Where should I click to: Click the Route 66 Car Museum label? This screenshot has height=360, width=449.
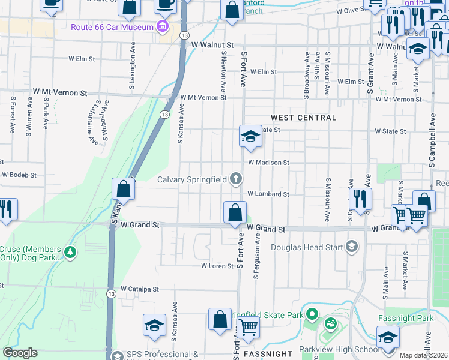112,27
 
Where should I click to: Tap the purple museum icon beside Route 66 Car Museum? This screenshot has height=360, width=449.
161,27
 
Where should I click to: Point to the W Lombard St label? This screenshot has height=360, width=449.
268,194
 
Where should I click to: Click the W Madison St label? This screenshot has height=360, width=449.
268,163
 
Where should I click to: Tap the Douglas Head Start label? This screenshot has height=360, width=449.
306,247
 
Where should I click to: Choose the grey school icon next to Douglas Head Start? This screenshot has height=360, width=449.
351,247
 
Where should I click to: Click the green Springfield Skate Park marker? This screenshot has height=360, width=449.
312,314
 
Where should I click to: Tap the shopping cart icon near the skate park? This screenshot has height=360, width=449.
248,328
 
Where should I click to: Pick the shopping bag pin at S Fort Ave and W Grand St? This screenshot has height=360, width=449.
235,212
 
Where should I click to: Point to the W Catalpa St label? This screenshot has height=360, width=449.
139,289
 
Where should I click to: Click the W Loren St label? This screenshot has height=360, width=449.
217,265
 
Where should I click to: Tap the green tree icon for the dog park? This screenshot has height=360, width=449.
71,253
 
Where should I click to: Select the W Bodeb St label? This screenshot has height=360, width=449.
19,175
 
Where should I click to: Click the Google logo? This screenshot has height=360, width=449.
20,353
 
